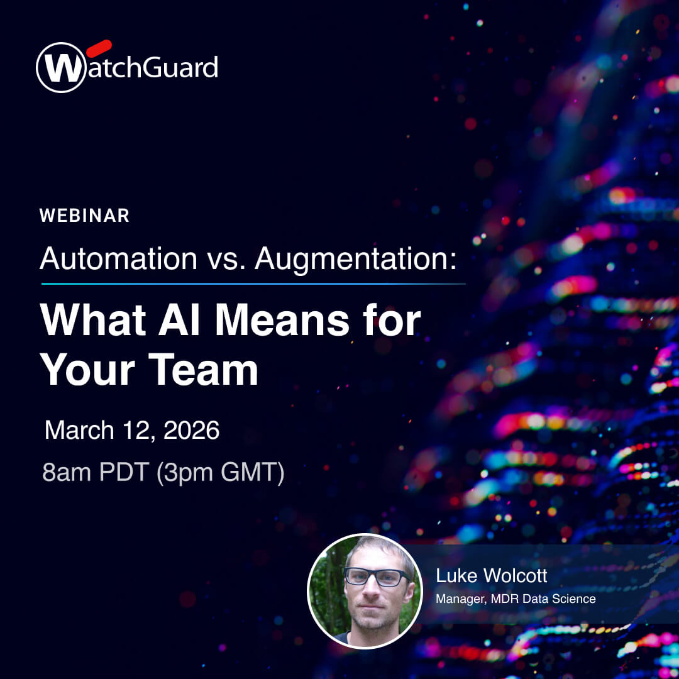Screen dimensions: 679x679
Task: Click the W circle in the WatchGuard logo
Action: pos(61,67)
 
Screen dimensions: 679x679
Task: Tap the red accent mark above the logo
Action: pos(99,48)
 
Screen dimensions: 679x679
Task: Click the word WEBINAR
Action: pos(84,216)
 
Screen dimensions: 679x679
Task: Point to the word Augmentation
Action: pos(355,258)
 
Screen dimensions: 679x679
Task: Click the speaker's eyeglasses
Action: pos(375,577)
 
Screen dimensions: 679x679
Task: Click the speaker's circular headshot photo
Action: pos(365,591)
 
